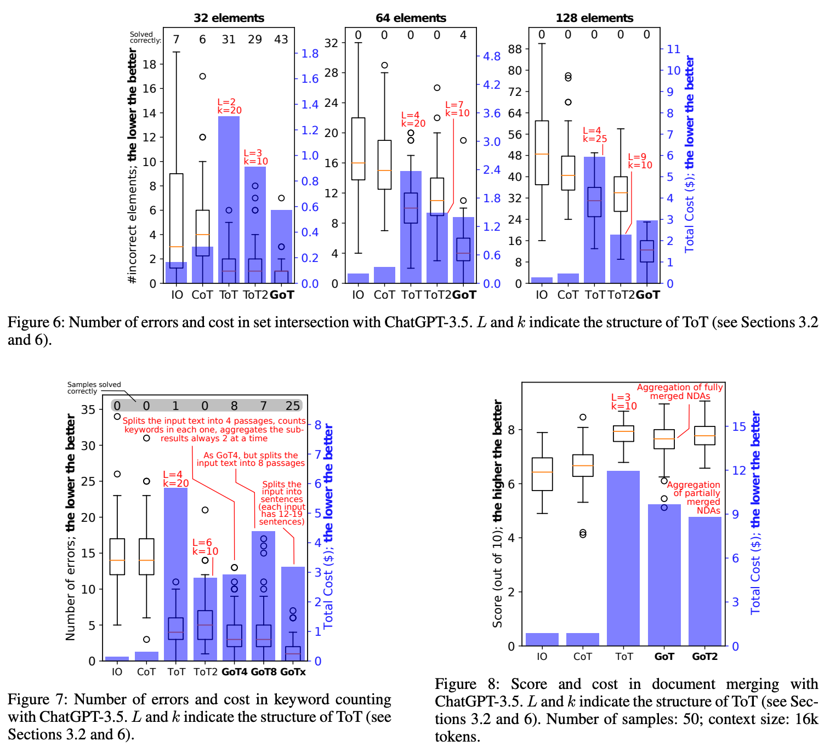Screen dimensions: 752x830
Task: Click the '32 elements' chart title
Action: click(x=229, y=18)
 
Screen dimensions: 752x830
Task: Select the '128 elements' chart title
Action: click(x=594, y=18)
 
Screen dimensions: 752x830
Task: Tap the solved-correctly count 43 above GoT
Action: click(x=281, y=39)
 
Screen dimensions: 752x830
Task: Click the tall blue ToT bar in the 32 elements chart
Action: click(x=229, y=164)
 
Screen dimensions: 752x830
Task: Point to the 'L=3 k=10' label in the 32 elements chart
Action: click(x=255, y=157)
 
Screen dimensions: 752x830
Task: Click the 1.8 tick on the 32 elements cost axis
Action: click(x=310, y=54)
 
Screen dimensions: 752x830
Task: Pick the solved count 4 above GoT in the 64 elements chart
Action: click(x=463, y=35)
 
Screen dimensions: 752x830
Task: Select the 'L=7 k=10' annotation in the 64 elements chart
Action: click(x=457, y=109)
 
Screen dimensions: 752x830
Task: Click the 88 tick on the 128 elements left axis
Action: click(x=515, y=49)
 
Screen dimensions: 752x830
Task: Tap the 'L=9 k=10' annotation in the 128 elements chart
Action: click(x=640, y=161)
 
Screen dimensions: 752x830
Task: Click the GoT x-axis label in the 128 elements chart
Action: click(x=647, y=295)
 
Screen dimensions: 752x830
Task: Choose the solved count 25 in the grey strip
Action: click(x=293, y=406)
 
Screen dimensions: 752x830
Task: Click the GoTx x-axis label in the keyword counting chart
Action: click(x=293, y=672)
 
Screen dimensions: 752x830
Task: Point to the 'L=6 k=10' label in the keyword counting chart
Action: click(x=205, y=547)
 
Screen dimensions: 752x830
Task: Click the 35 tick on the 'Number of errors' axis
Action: click(x=88, y=409)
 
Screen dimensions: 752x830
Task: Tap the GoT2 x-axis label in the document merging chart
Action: click(x=704, y=657)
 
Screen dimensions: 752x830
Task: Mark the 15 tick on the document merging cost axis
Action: click(x=739, y=426)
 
